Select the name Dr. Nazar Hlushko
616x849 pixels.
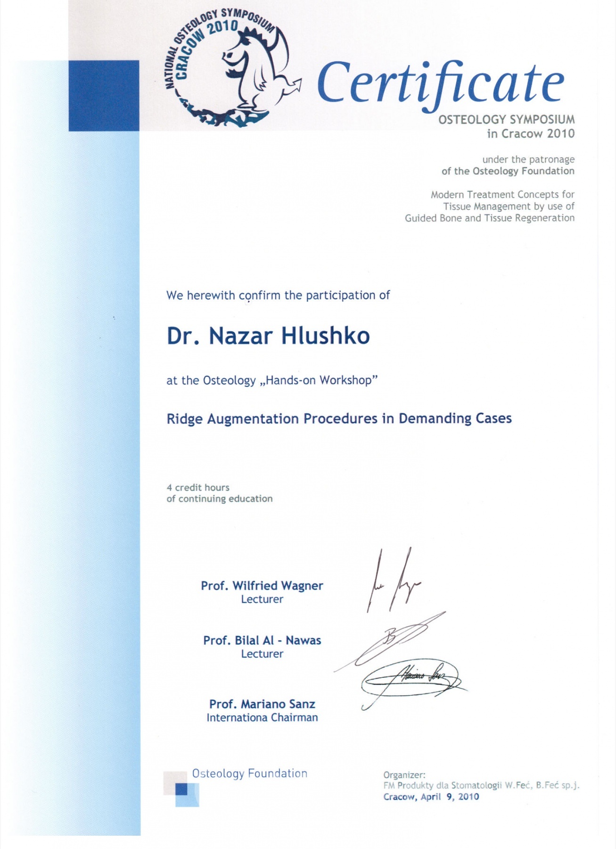click(x=268, y=336)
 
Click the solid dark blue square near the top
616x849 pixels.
click(x=104, y=95)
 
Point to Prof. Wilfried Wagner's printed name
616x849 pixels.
click(x=262, y=586)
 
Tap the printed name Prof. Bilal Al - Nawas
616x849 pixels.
click(x=262, y=641)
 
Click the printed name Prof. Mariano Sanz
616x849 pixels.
click(x=262, y=704)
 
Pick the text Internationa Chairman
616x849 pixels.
click(x=262, y=717)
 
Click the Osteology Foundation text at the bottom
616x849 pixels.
click(x=250, y=774)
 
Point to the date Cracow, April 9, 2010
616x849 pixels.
click(x=431, y=797)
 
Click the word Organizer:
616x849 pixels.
click(x=404, y=775)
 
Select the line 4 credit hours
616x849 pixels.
click(x=198, y=488)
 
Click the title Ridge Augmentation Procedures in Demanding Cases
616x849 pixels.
click(x=339, y=419)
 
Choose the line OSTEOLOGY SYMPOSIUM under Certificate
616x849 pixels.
click(x=506, y=120)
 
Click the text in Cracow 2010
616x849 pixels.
click(x=531, y=133)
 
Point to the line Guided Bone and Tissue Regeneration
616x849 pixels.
click(x=490, y=218)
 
